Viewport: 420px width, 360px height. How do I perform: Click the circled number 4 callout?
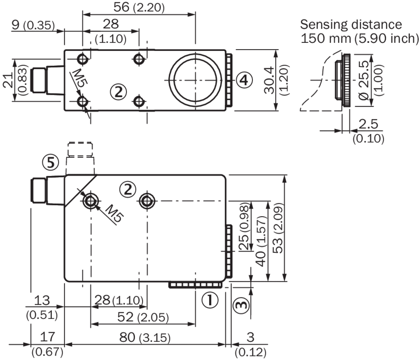(245, 80)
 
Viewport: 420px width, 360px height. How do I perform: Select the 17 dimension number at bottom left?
(44, 337)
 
